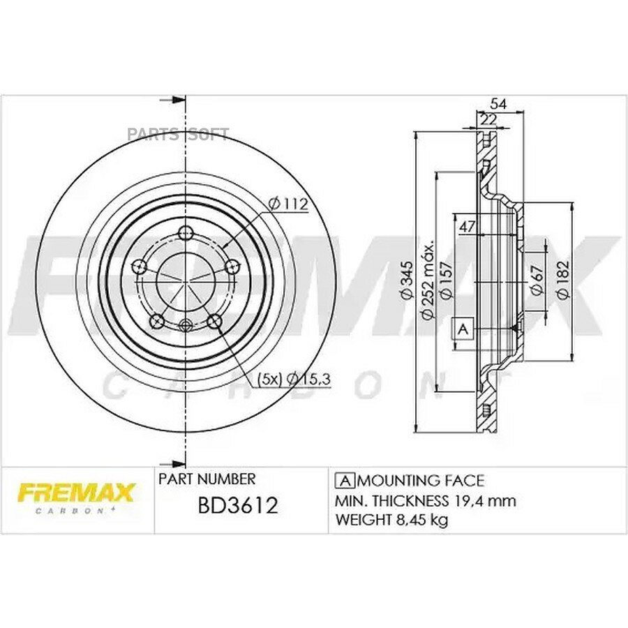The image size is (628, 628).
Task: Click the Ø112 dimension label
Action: tap(288, 204)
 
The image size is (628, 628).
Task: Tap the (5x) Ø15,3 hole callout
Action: tap(294, 378)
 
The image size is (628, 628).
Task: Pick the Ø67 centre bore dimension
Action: tap(537, 280)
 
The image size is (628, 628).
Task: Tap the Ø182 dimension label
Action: tap(563, 280)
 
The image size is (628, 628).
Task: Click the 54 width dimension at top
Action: tap(499, 104)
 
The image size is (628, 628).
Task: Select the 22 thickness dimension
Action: tap(488, 119)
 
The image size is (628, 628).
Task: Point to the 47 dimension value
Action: tap(467, 227)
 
